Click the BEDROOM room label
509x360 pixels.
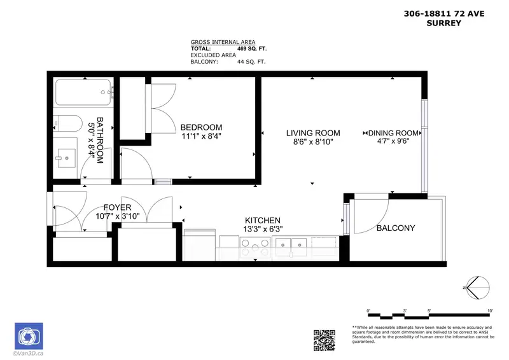pyautogui.click(x=201, y=127)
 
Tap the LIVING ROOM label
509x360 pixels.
pyautogui.click(x=313, y=133)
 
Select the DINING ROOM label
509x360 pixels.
pyautogui.click(x=393, y=133)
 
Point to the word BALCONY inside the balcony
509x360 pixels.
pyautogui.click(x=396, y=228)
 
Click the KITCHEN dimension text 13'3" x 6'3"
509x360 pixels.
pyautogui.click(x=263, y=229)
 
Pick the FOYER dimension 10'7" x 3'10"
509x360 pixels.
pyautogui.click(x=118, y=216)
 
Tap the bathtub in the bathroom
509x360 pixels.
pyautogui.click(x=84, y=92)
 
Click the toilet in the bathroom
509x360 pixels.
pyautogui.click(x=68, y=123)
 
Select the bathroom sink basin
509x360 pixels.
pyautogui.click(x=67, y=158)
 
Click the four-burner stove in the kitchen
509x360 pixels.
pyautogui.click(x=255, y=247)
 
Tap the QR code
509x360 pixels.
pyautogui.click(x=324, y=340)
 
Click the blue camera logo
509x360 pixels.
pyautogui.click(x=29, y=336)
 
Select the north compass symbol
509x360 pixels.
pyautogui.click(x=478, y=287)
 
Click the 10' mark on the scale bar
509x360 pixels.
pyautogui.click(x=490, y=311)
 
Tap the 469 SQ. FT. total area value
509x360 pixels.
pyautogui.click(x=252, y=49)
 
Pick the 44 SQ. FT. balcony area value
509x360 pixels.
pyautogui.click(x=251, y=62)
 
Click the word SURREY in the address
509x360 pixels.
pyautogui.click(x=443, y=23)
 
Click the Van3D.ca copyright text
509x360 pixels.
pyautogui.click(x=28, y=354)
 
